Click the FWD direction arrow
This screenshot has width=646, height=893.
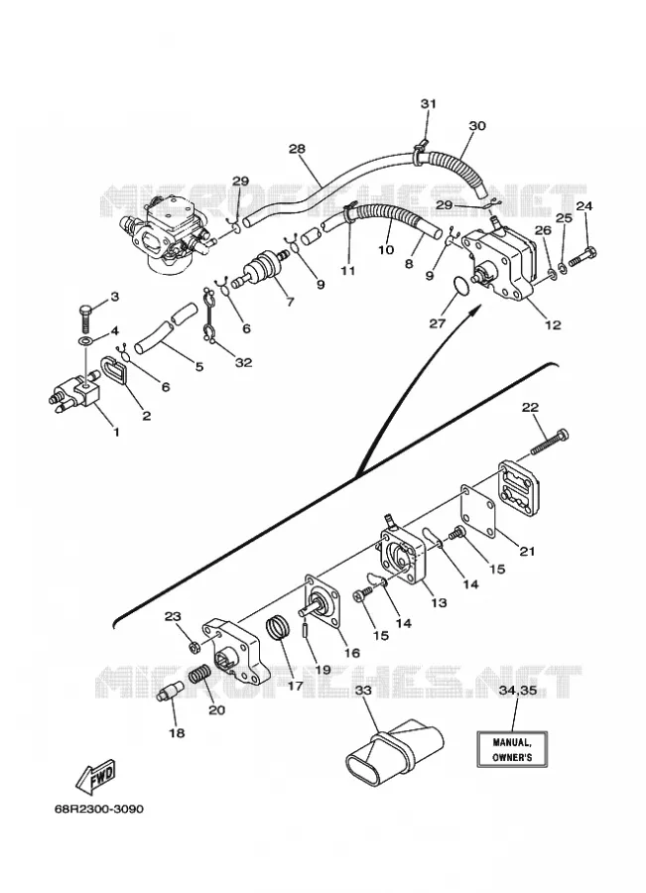click(97, 776)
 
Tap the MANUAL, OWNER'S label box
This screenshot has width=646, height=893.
click(512, 749)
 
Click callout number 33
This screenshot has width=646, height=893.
click(363, 691)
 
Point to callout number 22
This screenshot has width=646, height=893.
click(530, 407)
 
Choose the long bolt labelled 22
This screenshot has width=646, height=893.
click(550, 442)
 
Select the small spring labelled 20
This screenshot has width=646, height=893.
click(199, 674)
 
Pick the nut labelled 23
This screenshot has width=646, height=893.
click(194, 647)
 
